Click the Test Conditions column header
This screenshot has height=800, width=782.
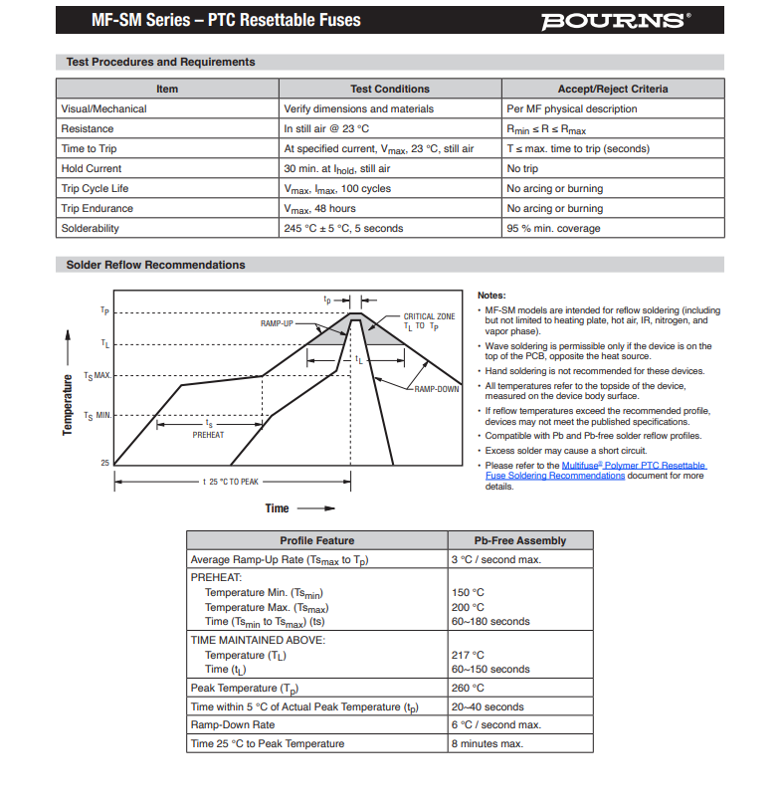point(390,89)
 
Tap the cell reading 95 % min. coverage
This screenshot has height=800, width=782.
point(553,229)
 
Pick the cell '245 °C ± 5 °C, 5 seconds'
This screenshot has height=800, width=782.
point(343,229)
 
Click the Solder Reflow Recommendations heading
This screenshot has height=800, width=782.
point(155,265)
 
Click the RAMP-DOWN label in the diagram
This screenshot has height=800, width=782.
point(436,389)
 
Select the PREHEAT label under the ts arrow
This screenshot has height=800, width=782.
point(208,435)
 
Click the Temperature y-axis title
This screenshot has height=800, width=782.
point(68,404)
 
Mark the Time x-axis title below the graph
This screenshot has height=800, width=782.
point(277,508)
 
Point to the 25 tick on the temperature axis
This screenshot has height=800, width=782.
point(103,464)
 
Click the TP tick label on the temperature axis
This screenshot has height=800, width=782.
point(104,310)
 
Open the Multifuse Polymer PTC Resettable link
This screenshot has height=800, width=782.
point(634,466)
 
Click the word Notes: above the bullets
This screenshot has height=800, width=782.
point(491,296)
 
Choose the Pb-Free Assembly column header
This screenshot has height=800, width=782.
point(520,540)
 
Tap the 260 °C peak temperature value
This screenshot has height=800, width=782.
point(468,688)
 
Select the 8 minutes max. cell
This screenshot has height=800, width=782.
point(487,743)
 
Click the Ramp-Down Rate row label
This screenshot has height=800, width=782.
point(232,725)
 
